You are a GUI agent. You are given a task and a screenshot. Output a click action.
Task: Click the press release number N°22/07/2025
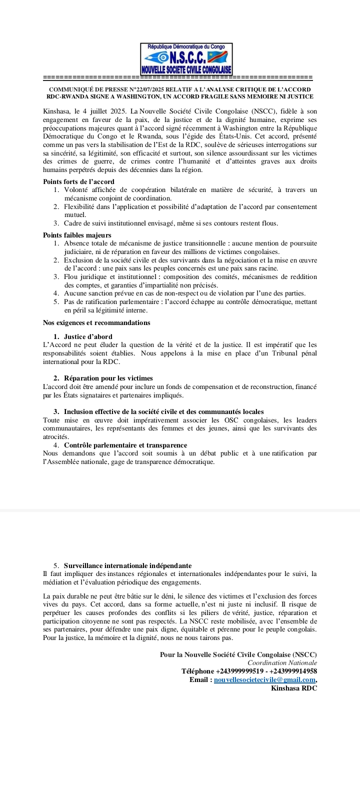[x=150, y=89]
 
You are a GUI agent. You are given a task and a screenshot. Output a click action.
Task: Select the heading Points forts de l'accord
[x=78, y=181]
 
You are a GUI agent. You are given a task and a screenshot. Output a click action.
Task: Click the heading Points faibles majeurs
[x=77, y=235]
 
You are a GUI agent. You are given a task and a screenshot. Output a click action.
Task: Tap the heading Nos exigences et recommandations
[x=96, y=322]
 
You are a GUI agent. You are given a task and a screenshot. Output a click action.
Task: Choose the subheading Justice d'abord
[x=88, y=336]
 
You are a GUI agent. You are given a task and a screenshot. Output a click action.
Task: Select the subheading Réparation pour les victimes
[x=108, y=378]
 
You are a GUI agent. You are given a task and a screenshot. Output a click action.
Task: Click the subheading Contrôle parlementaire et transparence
[x=125, y=445]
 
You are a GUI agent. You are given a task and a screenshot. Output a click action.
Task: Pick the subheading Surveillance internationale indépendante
[x=127, y=565]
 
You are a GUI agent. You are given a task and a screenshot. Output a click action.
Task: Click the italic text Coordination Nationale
[x=282, y=662]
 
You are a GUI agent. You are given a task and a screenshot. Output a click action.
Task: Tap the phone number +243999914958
[x=293, y=671]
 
